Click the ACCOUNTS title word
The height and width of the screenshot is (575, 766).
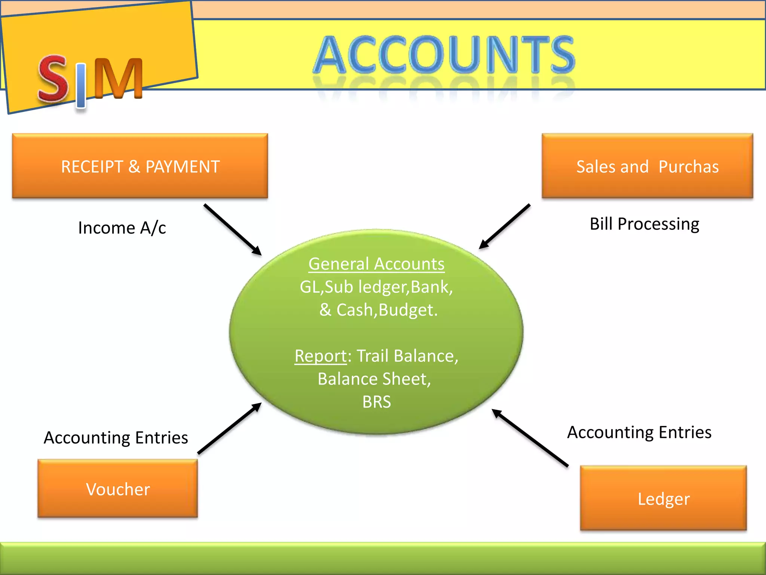(444, 54)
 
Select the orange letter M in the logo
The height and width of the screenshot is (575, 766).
(118, 78)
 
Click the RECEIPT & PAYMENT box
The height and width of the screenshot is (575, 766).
(140, 166)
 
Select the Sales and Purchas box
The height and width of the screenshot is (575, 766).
(647, 166)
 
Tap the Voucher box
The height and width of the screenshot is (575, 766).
(117, 489)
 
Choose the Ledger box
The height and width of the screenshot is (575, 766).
(663, 498)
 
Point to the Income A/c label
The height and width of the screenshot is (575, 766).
(122, 228)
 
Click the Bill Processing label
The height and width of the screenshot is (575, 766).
(644, 224)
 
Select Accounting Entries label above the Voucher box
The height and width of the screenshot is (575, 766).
(116, 437)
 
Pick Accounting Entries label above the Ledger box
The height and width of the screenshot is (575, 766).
(639, 432)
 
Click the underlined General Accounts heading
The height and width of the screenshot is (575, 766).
(376, 264)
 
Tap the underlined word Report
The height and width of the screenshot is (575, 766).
(321, 356)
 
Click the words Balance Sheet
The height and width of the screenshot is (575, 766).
(374, 379)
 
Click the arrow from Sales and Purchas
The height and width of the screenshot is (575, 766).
(505, 226)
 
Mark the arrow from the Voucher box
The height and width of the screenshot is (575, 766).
(229, 429)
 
